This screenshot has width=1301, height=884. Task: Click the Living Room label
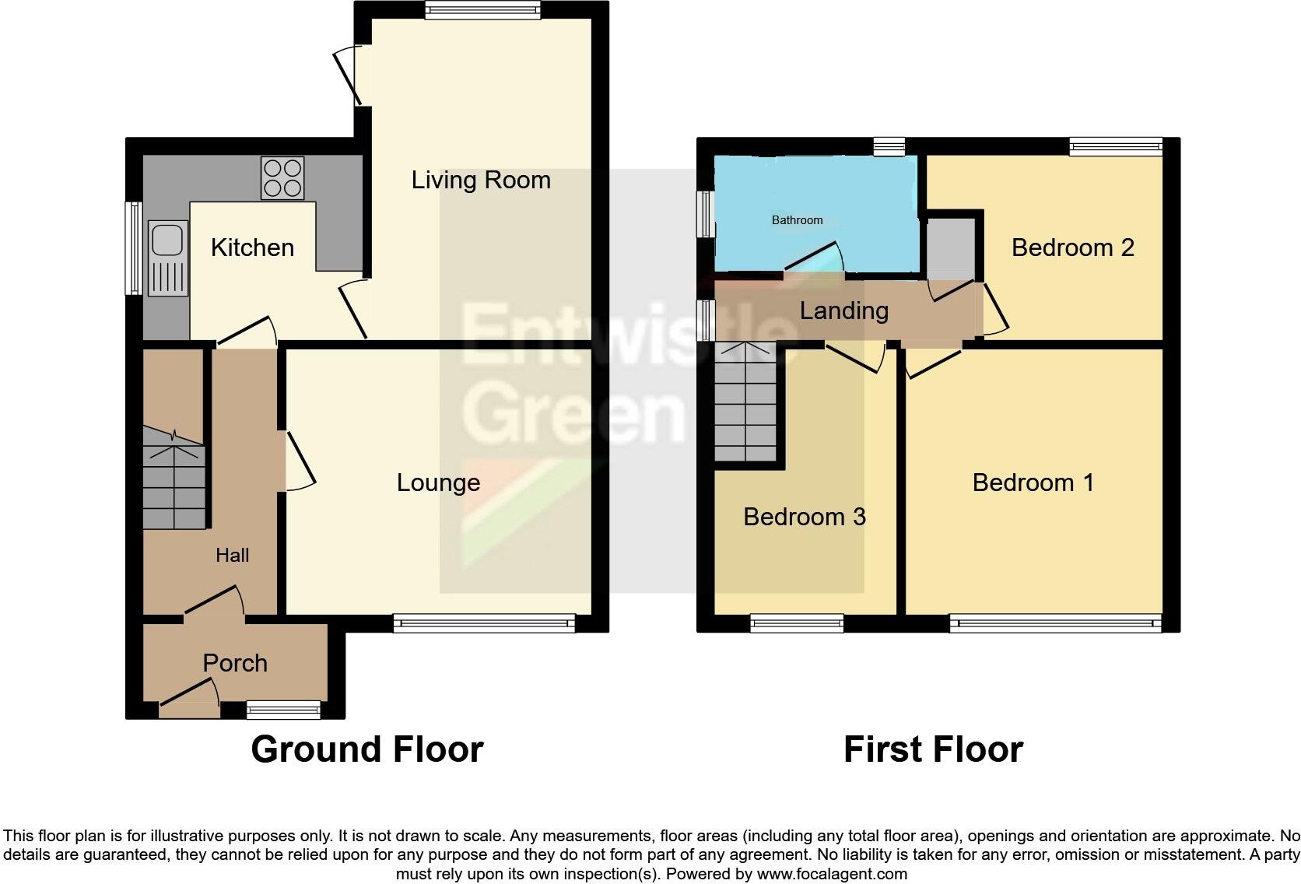[x=481, y=181]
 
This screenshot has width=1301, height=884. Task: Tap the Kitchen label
[x=252, y=247]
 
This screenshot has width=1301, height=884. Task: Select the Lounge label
[x=438, y=482]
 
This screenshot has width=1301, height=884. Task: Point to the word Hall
[x=232, y=555]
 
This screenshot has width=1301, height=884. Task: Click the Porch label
[x=235, y=663]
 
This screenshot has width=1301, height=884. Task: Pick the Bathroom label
[x=797, y=220]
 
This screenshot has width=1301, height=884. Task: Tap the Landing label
[x=843, y=310]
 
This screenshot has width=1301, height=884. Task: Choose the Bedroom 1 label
[x=1033, y=482]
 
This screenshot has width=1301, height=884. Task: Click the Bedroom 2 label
[x=1072, y=247]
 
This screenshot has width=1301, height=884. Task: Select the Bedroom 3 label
[x=804, y=517]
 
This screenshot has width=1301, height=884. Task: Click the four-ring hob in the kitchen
[x=282, y=178]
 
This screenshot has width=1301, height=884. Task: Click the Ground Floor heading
[x=366, y=749]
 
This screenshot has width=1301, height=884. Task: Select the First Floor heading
[x=932, y=749]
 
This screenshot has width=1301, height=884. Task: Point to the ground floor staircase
[x=174, y=482]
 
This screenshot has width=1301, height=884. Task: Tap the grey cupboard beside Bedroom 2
[x=951, y=248]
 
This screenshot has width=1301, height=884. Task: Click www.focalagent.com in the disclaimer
[x=832, y=874]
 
